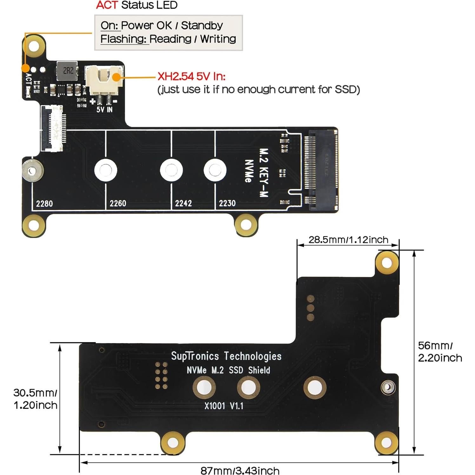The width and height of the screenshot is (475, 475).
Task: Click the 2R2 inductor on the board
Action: click(67, 71)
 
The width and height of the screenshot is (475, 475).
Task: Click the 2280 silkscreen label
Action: click(44, 203)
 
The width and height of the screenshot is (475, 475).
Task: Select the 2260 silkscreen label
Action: click(118, 203)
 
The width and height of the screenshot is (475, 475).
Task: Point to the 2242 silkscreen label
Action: click(183, 203)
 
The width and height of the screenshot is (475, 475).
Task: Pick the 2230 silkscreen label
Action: click(227, 203)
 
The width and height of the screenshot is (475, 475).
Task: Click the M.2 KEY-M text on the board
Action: click(264, 173)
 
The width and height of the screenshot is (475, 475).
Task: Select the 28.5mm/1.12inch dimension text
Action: click(348, 240)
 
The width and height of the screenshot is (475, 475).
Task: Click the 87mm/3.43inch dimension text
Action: click(240, 470)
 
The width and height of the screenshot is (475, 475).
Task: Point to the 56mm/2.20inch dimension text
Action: click(439, 352)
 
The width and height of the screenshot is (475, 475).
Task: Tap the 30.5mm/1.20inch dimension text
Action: click(35, 399)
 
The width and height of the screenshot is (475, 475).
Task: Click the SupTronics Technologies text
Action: click(226, 356)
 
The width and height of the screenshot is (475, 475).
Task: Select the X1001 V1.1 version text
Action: click(224, 406)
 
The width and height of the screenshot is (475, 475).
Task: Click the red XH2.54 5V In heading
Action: click(191, 76)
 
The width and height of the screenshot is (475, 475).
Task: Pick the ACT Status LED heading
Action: click(137, 5)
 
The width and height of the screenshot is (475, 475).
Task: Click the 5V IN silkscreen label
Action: click(104, 110)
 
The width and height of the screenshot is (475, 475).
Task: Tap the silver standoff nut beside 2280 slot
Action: click(32, 171)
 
